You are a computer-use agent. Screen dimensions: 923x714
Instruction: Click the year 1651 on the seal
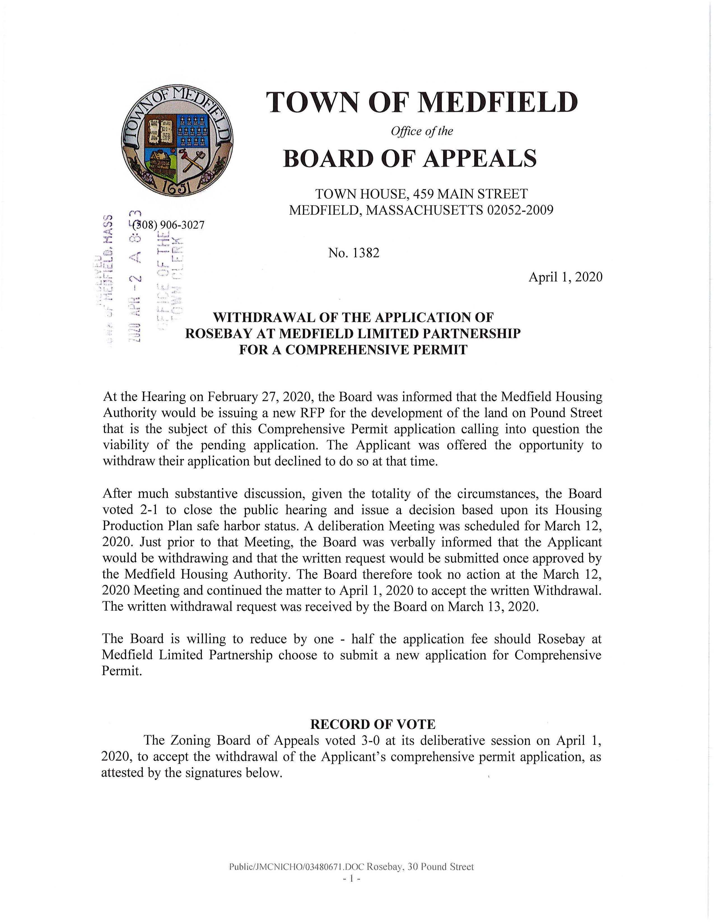pyautogui.click(x=177, y=186)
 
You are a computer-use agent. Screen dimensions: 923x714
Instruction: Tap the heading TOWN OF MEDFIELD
pyautogui.click(x=421, y=103)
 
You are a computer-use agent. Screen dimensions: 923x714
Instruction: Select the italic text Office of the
pyautogui.click(x=421, y=131)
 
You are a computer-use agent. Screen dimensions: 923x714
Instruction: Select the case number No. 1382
pyautogui.click(x=354, y=253)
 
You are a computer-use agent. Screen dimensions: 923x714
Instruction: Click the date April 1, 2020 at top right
pyautogui.click(x=565, y=277)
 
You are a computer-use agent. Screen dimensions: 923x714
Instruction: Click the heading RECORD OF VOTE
pyautogui.click(x=373, y=724)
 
